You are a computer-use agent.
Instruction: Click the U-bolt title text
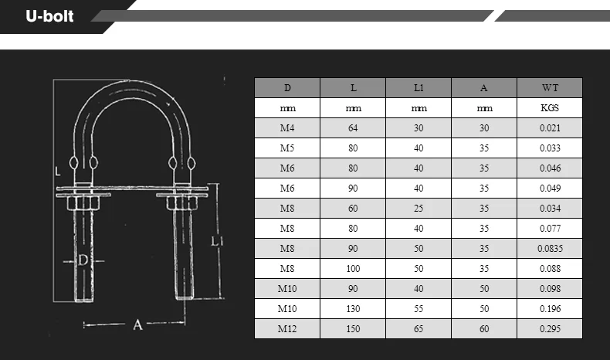coord(49,15)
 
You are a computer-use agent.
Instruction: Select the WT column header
coord(549,88)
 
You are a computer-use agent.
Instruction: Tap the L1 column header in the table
coord(418,88)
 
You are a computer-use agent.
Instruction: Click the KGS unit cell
coord(549,108)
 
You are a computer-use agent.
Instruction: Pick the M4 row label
coord(287,128)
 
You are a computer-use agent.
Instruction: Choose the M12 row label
coord(287,329)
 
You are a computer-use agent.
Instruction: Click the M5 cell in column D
coord(287,148)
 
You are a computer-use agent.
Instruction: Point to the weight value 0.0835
coord(549,249)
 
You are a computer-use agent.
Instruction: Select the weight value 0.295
coord(549,329)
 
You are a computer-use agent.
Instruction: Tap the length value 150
coord(353,329)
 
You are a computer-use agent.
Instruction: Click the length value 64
coord(353,128)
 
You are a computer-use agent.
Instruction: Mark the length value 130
coord(353,309)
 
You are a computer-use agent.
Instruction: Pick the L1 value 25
coord(418,209)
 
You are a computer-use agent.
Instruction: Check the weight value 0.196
coord(549,309)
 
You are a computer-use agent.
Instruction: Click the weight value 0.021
coord(549,128)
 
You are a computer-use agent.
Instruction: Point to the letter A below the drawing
coord(137,325)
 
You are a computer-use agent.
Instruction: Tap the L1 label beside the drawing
coord(217,242)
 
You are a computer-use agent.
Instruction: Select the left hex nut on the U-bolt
coord(83,203)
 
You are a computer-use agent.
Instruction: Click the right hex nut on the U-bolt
coord(180,203)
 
